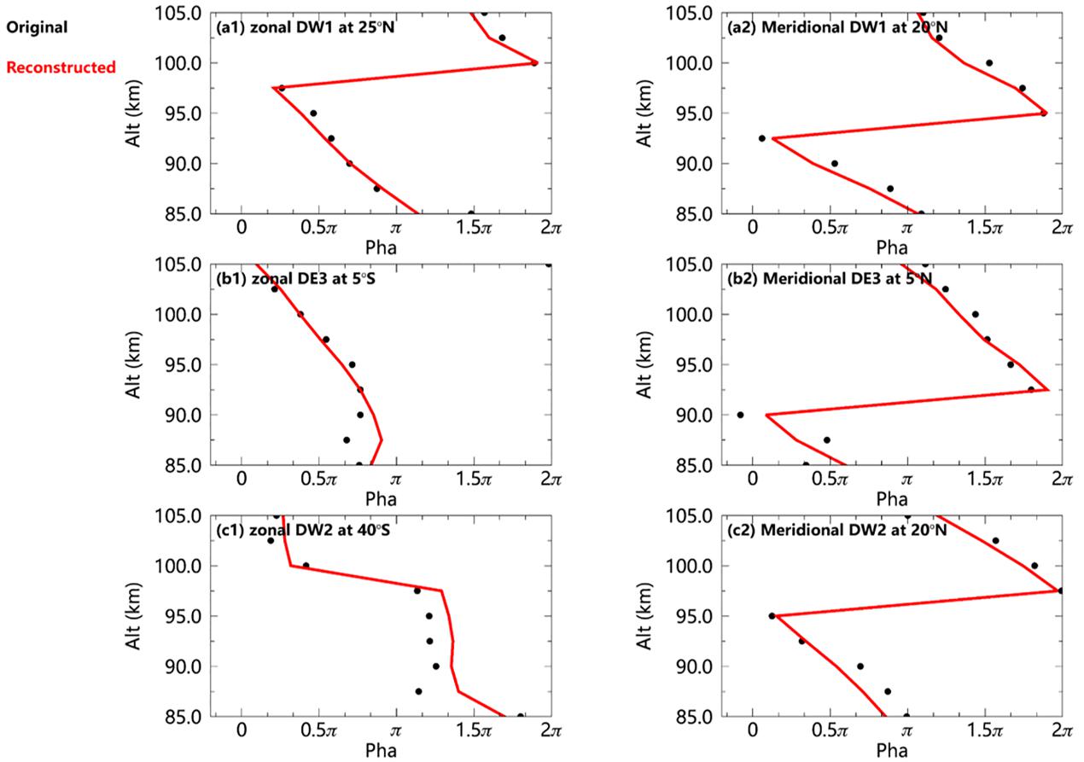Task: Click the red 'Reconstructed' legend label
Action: [x=60, y=67]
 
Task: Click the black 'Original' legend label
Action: [x=37, y=26]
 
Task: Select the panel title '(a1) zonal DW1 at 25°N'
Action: [x=295, y=26]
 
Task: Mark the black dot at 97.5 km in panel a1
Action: [x=282, y=88]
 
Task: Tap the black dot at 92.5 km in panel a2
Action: [x=762, y=138]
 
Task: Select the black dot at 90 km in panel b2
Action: [x=740, y=415]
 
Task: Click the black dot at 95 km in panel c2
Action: [x=772, y=615]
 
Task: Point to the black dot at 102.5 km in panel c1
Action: [x=271, y=540]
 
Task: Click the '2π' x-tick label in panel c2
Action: [x=1062, y=731]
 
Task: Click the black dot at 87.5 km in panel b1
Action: [x=347, y=439]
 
